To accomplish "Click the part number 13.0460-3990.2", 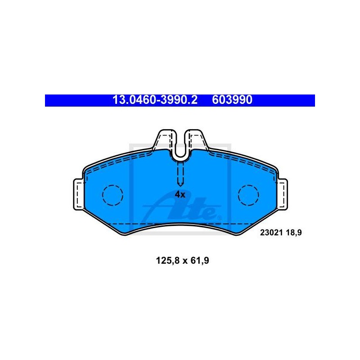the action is (x=155, y=100).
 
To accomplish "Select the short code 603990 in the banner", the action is (x=232, y=100).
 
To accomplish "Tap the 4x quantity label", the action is (x=180, y=195).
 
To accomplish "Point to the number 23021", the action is (x=271, y=233).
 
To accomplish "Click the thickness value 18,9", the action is (x=294, y=233).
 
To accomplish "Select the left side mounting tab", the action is (x=78, y=194).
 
